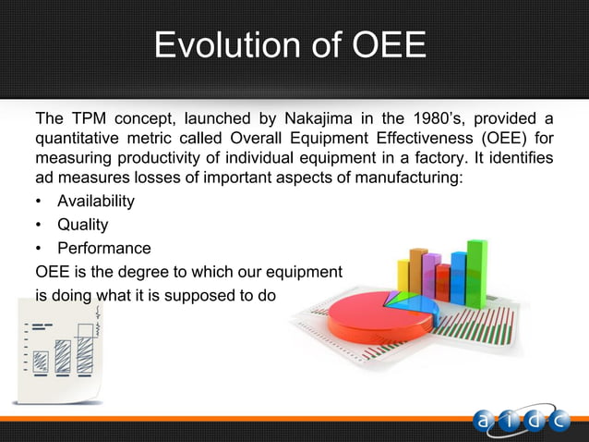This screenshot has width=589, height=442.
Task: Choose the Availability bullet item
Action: click(x=95, y=202)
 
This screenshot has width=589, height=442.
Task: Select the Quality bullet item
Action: click(x=82, y=225)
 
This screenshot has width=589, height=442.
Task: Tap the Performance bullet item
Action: click(x=103, y=249)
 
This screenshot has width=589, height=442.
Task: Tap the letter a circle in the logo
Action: click(x=486, y=421)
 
